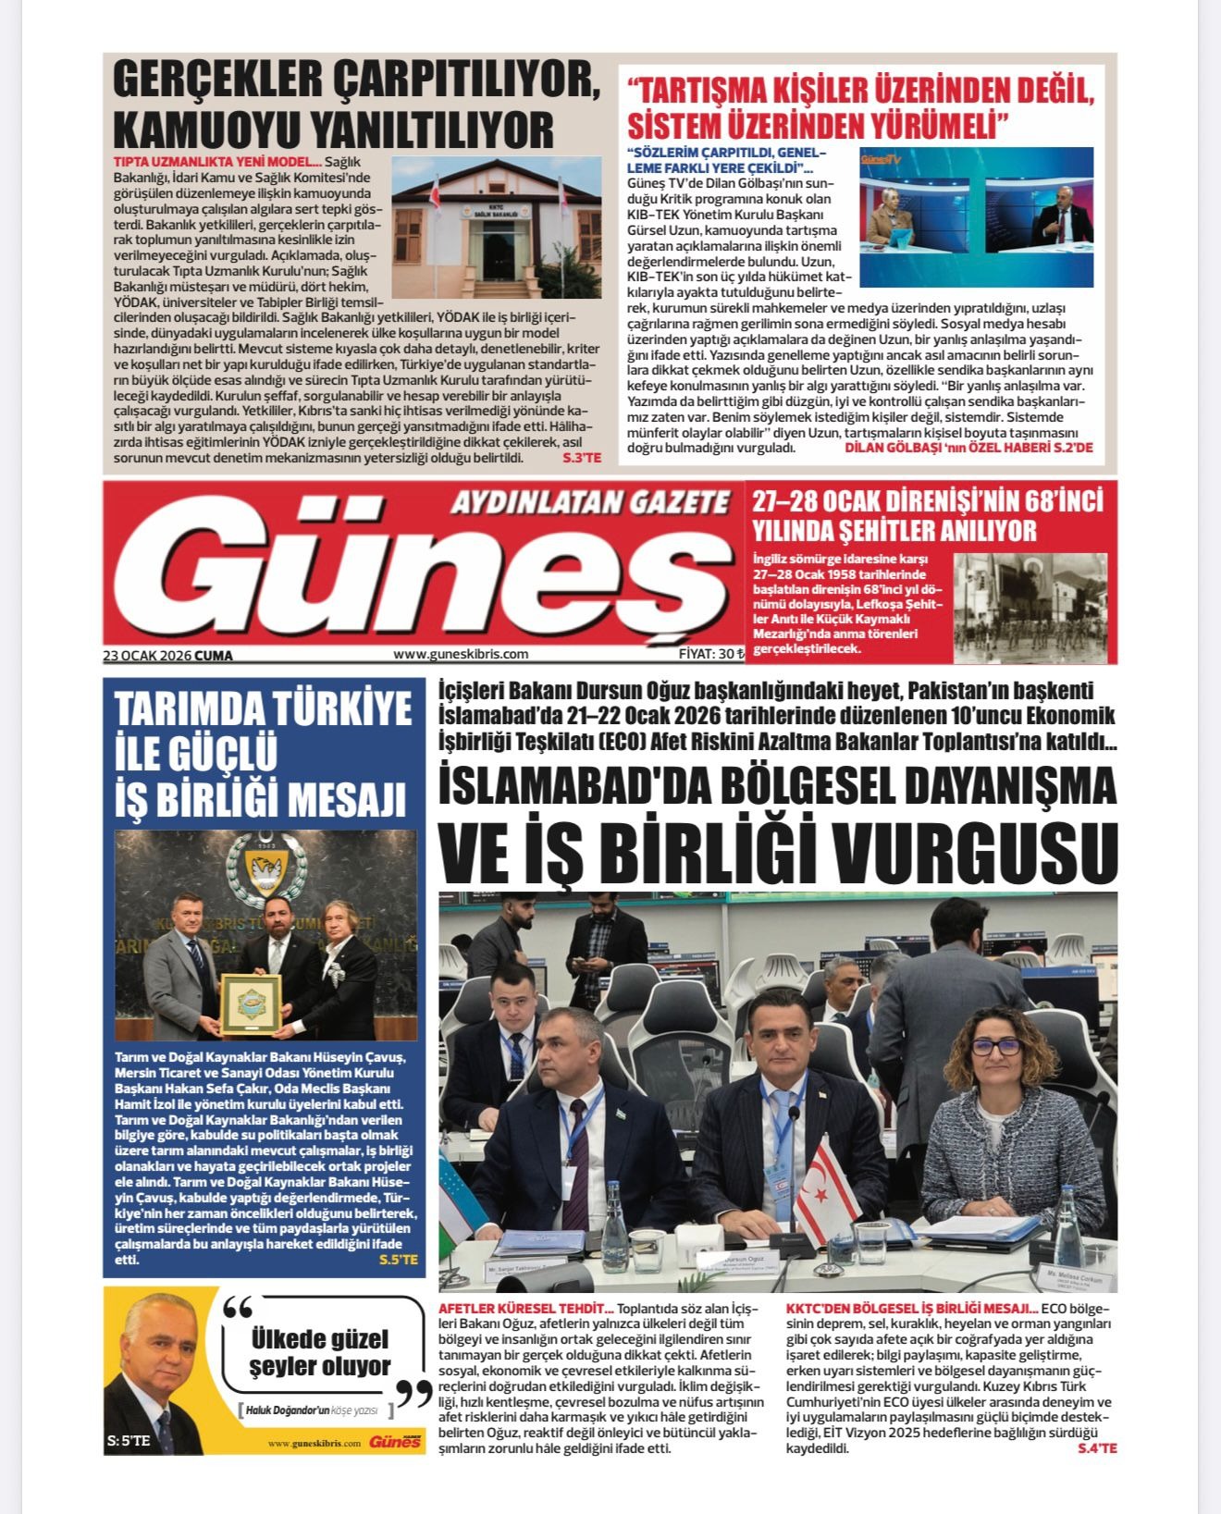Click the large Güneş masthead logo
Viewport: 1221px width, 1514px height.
click(x=425, y=573)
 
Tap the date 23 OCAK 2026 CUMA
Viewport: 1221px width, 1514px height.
click(x=168, y=656)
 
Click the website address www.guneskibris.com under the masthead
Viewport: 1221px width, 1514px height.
click(x=461, y=654)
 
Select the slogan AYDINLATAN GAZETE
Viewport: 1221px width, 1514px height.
click(x=590, y=502)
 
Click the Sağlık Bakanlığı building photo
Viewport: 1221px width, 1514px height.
click(x=496, y=227)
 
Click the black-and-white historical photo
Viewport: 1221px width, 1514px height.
click(x=1030, y=607)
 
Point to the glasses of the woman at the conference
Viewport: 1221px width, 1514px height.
click(x=995, y=1047)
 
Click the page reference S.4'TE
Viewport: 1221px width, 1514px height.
click(x=1097, y=1447)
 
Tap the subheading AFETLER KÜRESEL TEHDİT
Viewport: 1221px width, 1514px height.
click(x=524, y=1309)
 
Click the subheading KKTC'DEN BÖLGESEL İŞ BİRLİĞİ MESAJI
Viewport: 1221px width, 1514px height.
click(x=911, y=1309)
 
